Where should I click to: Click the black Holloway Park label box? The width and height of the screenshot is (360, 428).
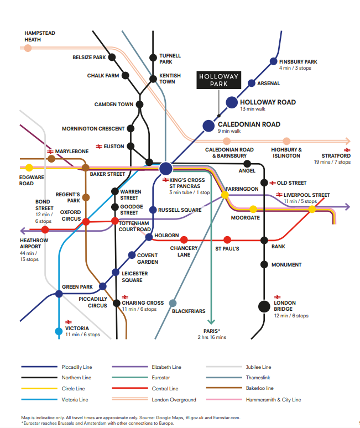click(x=220, y=80)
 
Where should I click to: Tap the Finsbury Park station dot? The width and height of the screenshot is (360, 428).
click(x=273, y=61)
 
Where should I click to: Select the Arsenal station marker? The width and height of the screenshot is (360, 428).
click(x=252, y=83)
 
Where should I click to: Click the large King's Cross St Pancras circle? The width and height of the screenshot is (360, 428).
click(x=166, y=168)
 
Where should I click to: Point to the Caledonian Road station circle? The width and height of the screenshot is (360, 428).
click(x=208, y=126)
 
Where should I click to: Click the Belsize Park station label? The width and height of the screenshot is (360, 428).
click(x=89, y=58)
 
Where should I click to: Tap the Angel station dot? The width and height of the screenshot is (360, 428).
click(x=247, y=164)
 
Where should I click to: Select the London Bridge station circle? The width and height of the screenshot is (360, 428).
click(x=264, y=306)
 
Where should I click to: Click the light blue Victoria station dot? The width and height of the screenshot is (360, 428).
click(x=59, y=331)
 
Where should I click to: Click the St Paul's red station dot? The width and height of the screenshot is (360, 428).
click(x=227, y=240)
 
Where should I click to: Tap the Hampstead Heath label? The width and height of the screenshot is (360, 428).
click(x=40, y=36)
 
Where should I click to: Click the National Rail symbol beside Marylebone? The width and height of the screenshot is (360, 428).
click(x=50, y=151)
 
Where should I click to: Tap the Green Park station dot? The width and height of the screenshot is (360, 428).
click(x=59, y=294)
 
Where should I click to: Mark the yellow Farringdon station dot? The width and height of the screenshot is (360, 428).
click(x=225, y=195)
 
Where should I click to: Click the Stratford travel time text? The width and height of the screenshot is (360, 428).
click(x=332, y=162)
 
